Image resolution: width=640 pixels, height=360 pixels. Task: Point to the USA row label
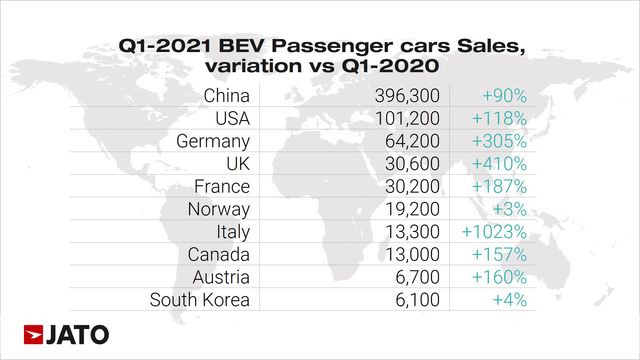[x=231, y=119]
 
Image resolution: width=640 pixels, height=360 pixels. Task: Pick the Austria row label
[x=223, y=277]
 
